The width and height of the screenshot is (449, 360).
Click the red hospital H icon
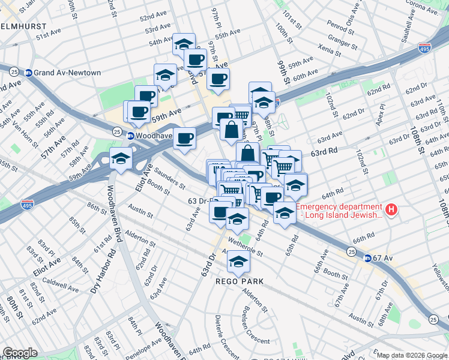pyautogui.click(x=391, y=209)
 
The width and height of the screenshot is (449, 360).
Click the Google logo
pyautogui.click(x=20, y=353)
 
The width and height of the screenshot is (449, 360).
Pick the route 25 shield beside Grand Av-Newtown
pyautogui.click(x=14, y=71)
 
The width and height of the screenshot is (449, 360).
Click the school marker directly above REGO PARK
pyautogui.click(x=238, y=260)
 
